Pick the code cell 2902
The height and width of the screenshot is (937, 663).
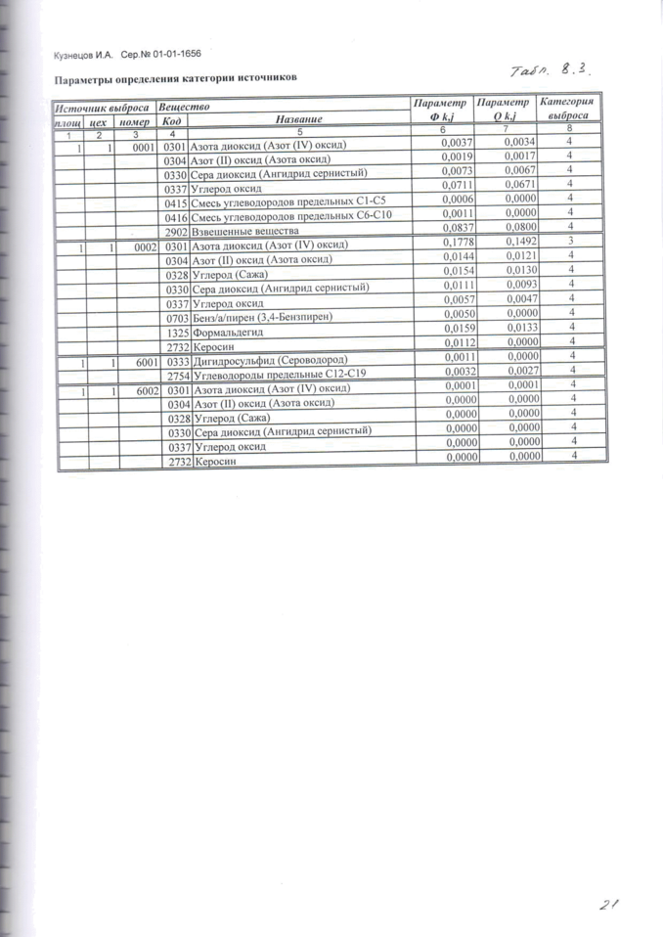(176, 233)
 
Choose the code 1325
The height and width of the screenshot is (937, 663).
(177, 333)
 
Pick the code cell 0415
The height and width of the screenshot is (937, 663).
(177, 202)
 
